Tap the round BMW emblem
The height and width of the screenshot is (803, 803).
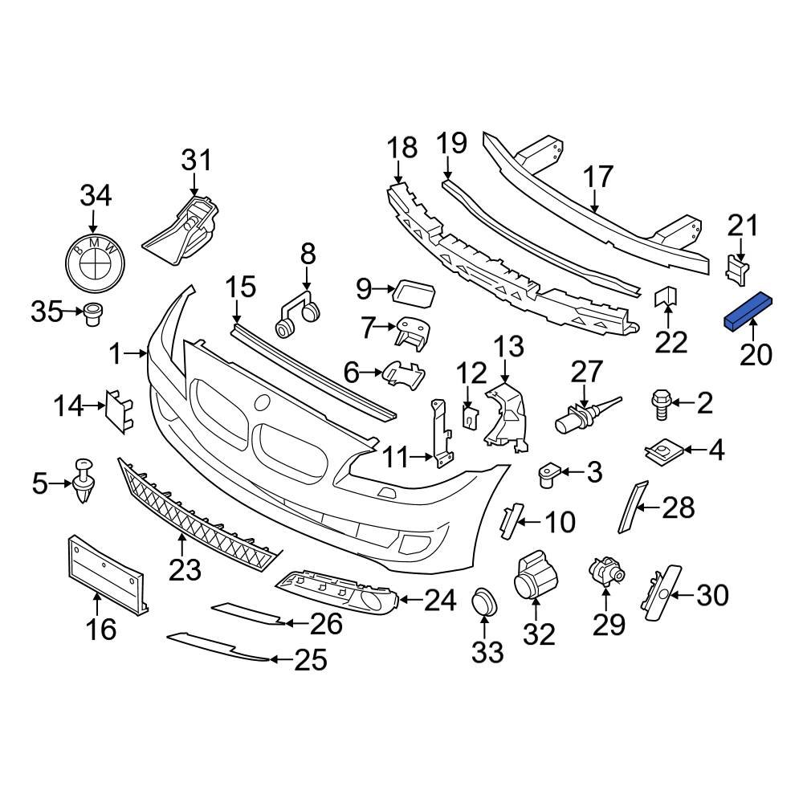point(94,263)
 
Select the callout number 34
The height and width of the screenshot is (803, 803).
point(95,196)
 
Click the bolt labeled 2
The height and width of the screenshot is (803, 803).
point(660,401)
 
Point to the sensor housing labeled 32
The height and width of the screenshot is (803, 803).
point(533,577)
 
